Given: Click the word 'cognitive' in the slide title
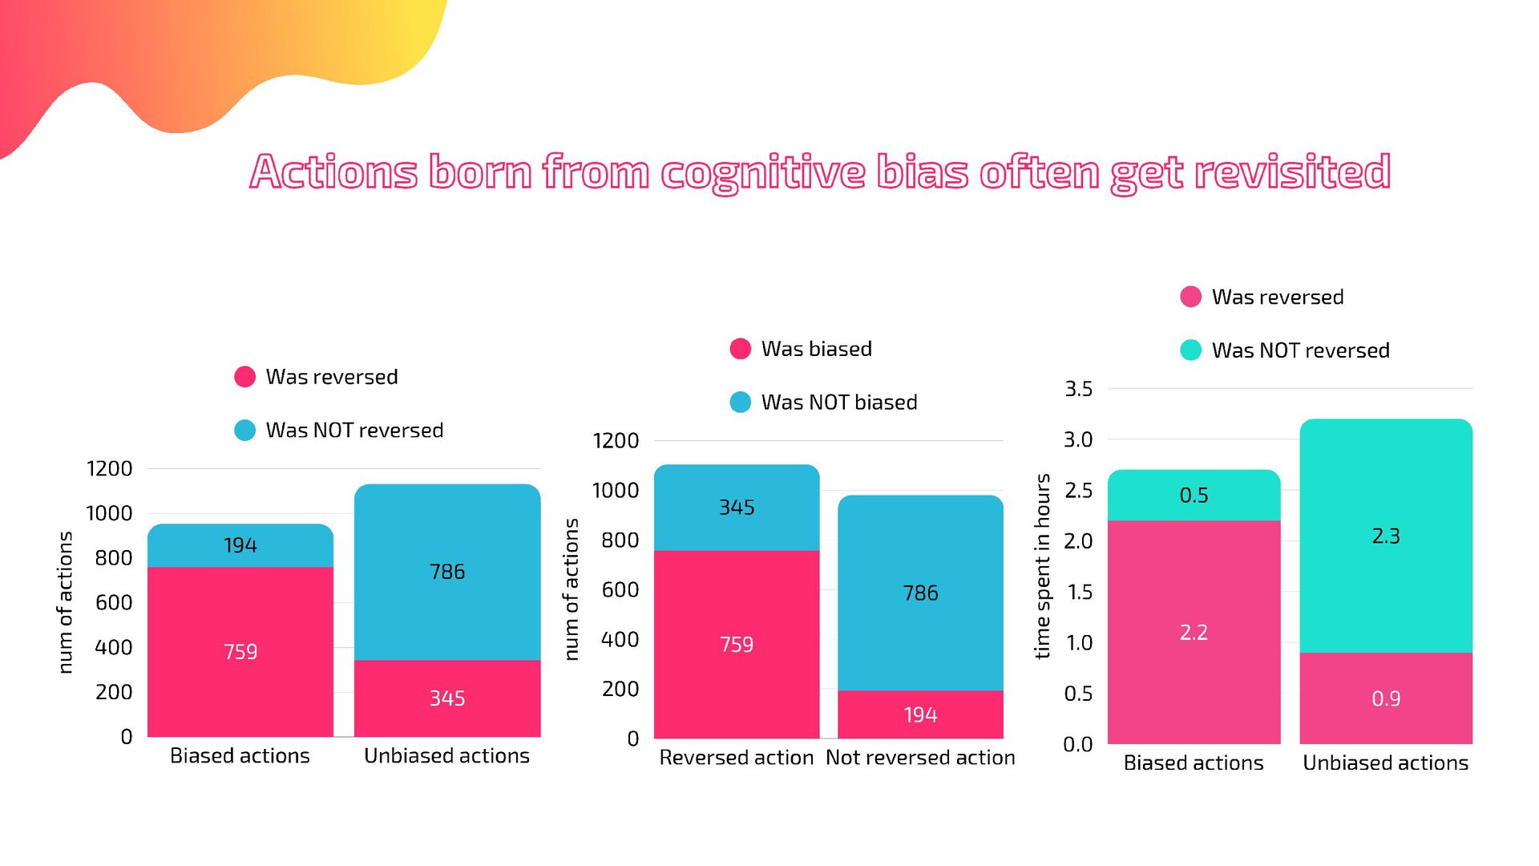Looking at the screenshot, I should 762,172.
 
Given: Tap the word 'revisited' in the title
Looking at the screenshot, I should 1291,172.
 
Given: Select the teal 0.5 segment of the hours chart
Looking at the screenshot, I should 1194,496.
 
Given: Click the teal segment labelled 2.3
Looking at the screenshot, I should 1386,536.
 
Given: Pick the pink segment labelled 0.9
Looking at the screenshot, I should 1386,698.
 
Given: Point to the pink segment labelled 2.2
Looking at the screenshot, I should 1194,632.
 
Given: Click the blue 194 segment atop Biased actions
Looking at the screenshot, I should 240,545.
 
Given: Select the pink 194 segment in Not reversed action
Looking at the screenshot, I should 920,714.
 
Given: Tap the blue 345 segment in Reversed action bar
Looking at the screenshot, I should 737,508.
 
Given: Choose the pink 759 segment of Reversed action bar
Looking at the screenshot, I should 737,644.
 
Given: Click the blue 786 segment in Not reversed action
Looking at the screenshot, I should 920,593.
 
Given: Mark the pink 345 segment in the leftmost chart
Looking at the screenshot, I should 446,698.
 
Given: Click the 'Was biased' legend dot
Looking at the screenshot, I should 741,349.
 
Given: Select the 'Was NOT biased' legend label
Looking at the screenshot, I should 838,403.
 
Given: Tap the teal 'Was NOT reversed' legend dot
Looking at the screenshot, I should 1191,350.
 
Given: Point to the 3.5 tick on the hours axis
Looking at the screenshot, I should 1078,389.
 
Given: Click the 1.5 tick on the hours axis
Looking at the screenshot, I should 1079,592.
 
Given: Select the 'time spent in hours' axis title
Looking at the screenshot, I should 1042,566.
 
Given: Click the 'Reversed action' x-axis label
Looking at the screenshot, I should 736,758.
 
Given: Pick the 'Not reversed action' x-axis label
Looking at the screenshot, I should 920,758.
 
